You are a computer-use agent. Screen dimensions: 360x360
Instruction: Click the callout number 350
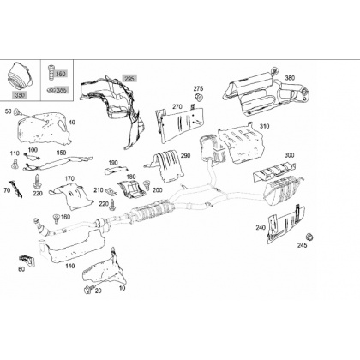pos(20,95)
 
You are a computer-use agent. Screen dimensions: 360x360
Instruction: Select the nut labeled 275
pos(199,97)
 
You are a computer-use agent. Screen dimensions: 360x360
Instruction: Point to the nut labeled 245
pos(309,237)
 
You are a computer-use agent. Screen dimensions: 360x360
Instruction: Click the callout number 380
pos(290,78)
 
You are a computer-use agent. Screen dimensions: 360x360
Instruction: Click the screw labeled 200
pos(147,185)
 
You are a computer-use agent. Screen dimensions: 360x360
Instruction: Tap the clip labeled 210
pos(111,190)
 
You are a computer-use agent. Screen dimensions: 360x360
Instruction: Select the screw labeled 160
pos(57,219)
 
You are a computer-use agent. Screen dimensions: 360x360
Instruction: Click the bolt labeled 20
pos(88,289)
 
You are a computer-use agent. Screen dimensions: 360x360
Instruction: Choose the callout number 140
pos(70,267)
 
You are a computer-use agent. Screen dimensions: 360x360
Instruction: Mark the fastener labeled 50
pos(17,111)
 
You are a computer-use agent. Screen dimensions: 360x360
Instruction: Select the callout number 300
pos(289,155)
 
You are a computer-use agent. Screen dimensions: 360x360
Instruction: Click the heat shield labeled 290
pos(167,166)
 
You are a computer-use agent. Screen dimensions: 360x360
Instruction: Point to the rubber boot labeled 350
pos(20,75)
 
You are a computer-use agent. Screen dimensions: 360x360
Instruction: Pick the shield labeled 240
pos(286,225)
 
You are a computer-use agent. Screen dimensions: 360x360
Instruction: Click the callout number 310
pos(264,126)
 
